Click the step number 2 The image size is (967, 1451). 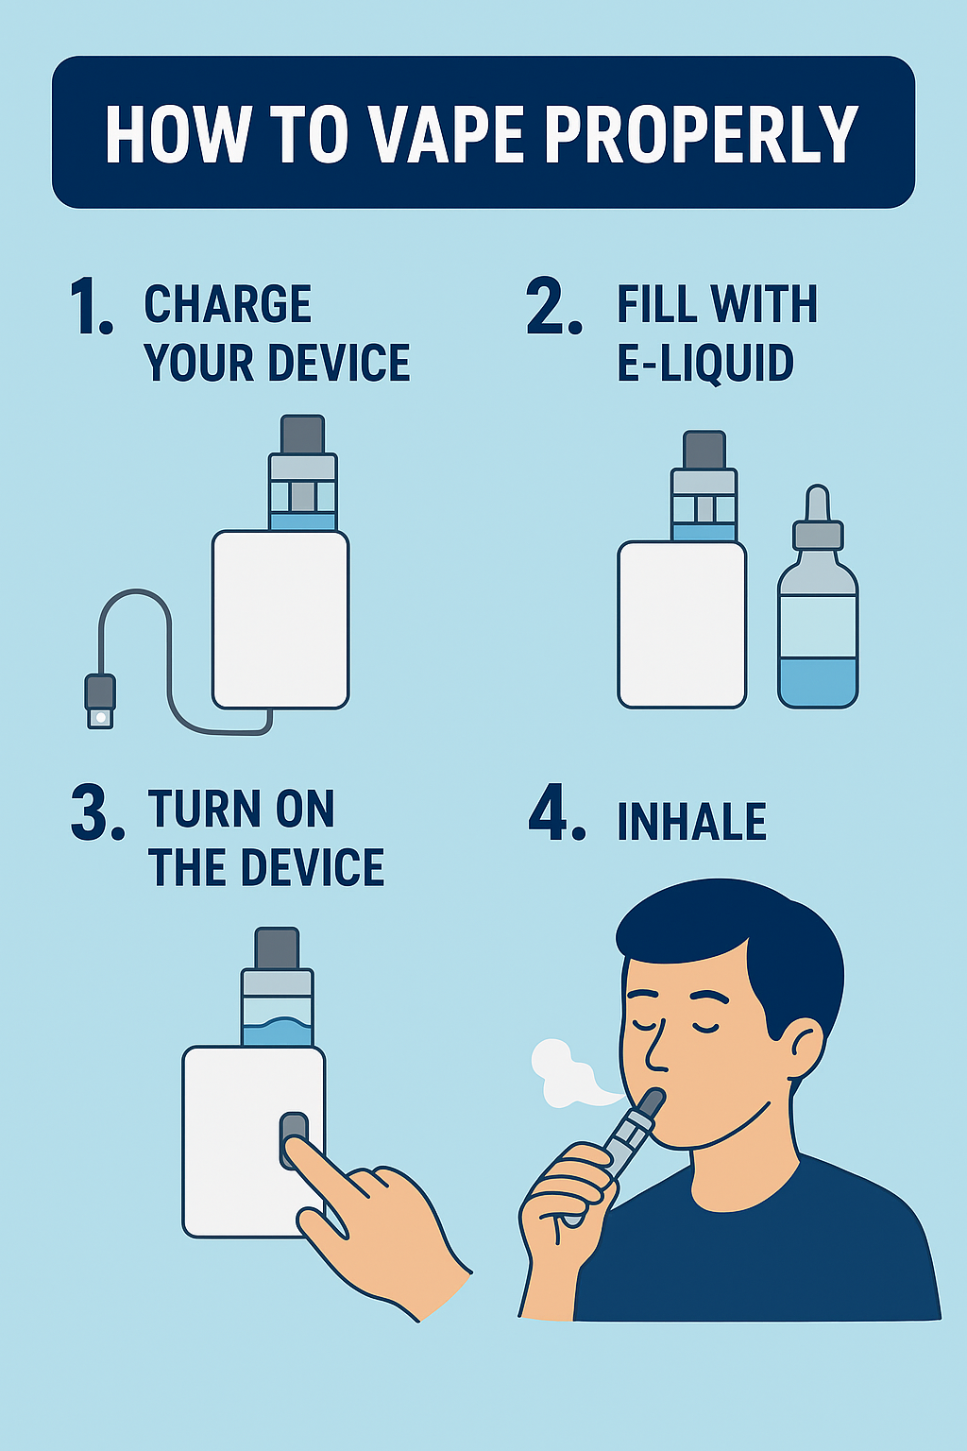coord(553,307)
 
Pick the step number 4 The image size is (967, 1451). coord(556,812)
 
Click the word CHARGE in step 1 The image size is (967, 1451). coord(228,304)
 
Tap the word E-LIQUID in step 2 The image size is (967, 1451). coord(704,364)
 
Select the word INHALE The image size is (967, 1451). coord(691,822)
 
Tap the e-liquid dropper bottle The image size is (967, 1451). coord(818,623)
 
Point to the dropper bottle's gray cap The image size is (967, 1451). coord(818,534)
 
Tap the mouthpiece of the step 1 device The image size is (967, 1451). coord(303,435)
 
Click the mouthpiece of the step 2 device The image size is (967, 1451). coord(704,450)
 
